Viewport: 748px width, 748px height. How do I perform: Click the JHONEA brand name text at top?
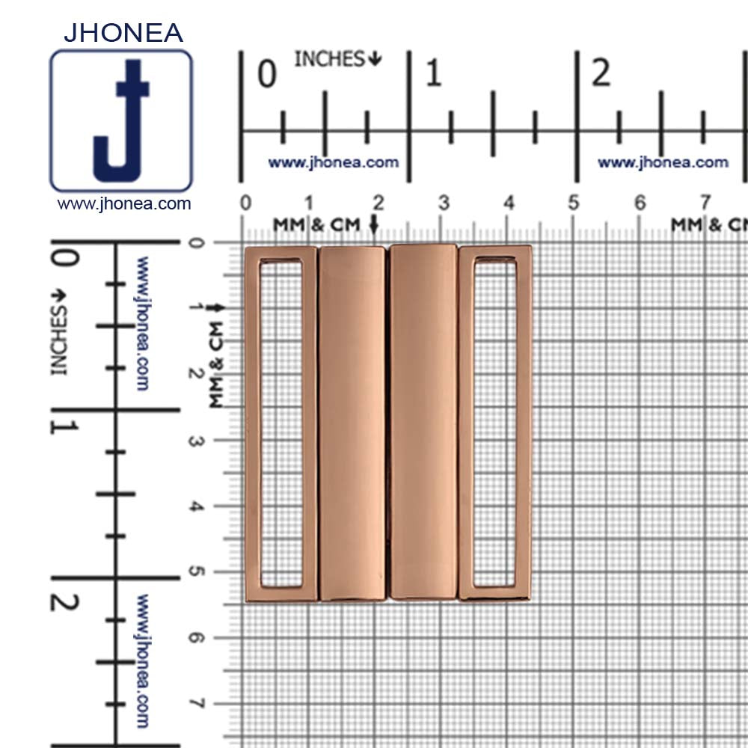click(123, 32)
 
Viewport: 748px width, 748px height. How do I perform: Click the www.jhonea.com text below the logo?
click(124, 203)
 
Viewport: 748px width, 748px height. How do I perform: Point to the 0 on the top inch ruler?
click(267, 74)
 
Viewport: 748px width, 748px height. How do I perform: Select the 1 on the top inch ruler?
click(433, 73)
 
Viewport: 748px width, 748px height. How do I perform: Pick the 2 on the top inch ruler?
click(601, 73)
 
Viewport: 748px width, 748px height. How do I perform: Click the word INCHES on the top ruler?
click(330, 59)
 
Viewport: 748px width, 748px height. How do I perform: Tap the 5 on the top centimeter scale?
click(574, 203)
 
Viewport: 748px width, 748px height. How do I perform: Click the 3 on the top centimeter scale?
click(444, 203)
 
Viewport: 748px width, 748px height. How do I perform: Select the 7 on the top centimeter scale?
click(705, 203)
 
